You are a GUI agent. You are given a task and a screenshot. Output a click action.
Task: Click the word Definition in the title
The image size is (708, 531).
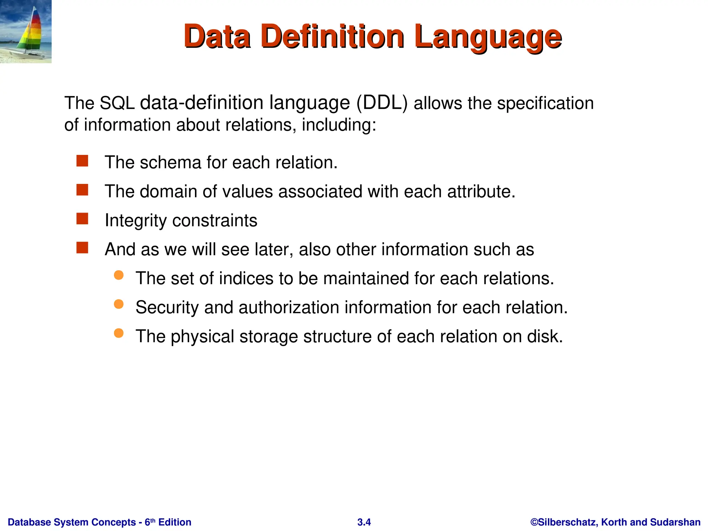pyautogui.click(x=333, y=37)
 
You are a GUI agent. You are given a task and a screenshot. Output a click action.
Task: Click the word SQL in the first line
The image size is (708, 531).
pyautogui.click(x=117, y=103)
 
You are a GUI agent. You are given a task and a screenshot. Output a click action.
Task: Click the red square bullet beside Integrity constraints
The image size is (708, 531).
pyautogui.click(x=82, y=219)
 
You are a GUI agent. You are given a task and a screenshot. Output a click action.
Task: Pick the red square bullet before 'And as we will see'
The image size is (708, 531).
pyautogui.click(x=82, y=248)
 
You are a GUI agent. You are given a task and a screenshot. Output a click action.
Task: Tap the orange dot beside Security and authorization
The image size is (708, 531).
pyautogui.click(x=119, y=304)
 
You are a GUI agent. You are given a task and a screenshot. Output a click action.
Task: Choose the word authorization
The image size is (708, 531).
pyautogui.click(x=289, y=307)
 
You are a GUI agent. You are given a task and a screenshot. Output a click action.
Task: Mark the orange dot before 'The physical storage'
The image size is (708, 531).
pyautogui.click(x=119, y=333)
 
